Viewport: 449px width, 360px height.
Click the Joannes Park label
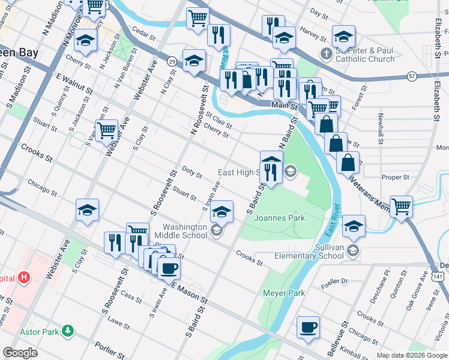(280, 218)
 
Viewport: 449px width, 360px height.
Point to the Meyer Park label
(284, 293)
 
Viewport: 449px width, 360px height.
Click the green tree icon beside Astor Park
(69, 331)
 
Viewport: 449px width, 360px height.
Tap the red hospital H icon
(24, 278)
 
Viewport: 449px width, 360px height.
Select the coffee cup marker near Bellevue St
(309, 328)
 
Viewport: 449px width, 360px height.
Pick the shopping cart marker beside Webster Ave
(107, 130)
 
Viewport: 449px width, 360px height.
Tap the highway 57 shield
(411, 76)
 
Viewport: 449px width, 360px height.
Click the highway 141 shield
(439, 275)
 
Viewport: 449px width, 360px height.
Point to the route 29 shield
(172, 62)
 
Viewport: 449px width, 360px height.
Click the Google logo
(20, 353)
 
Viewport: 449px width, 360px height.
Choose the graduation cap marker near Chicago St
(87, 211)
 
